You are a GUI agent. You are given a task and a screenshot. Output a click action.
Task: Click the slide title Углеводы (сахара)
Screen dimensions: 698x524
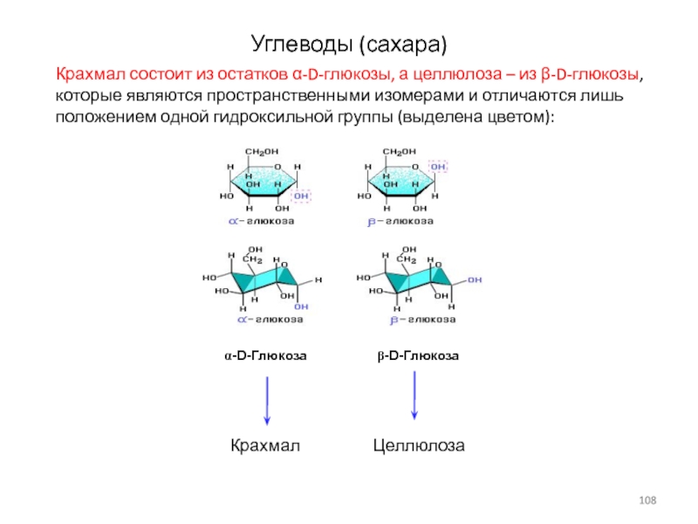349,42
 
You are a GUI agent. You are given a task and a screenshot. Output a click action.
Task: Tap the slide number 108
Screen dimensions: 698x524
647,499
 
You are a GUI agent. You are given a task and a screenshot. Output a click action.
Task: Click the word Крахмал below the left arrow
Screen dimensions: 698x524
265,446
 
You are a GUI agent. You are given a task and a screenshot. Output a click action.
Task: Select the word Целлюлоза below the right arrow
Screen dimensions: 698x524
419,446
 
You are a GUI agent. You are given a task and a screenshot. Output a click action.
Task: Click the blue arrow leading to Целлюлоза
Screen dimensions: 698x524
414,397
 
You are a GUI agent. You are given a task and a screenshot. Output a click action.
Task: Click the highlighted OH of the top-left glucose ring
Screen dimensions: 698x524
302,196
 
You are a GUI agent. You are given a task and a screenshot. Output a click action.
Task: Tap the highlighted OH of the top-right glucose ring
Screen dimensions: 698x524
439,166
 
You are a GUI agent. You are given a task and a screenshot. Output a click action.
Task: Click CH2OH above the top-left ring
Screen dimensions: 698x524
262,152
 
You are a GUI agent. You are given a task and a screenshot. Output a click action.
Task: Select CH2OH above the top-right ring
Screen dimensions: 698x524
400,152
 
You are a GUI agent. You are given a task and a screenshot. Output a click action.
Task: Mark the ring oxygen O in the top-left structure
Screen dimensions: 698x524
278,166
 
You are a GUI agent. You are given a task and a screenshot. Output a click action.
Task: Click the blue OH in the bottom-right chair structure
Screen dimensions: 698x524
474,279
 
